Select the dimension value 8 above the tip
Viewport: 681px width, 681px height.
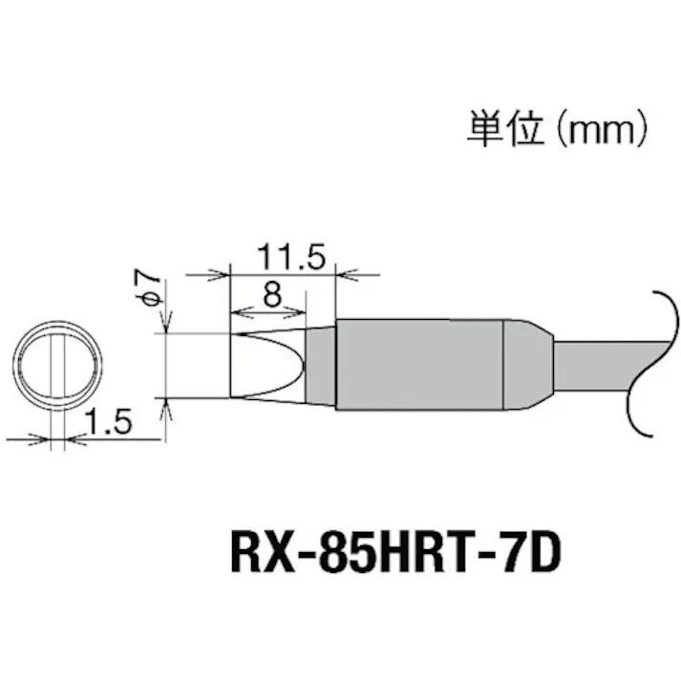(x=271, y=295)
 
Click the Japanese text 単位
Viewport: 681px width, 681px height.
(x=498, y=127)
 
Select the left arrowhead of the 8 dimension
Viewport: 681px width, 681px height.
(x=237, y=313)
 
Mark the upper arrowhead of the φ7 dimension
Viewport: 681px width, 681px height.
(x=166, y=326)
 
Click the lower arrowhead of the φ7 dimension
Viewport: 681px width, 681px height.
(x=166, y=405)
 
